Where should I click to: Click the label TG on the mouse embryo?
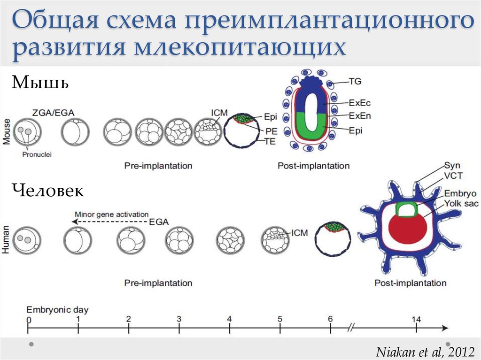point(355,81)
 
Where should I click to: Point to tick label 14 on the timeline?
point(416,319)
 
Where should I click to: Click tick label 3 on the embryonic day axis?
point(179,319)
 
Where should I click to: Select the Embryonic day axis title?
point(57,310)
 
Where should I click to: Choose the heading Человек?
point(48,191)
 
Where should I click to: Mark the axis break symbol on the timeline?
point(351,328)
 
